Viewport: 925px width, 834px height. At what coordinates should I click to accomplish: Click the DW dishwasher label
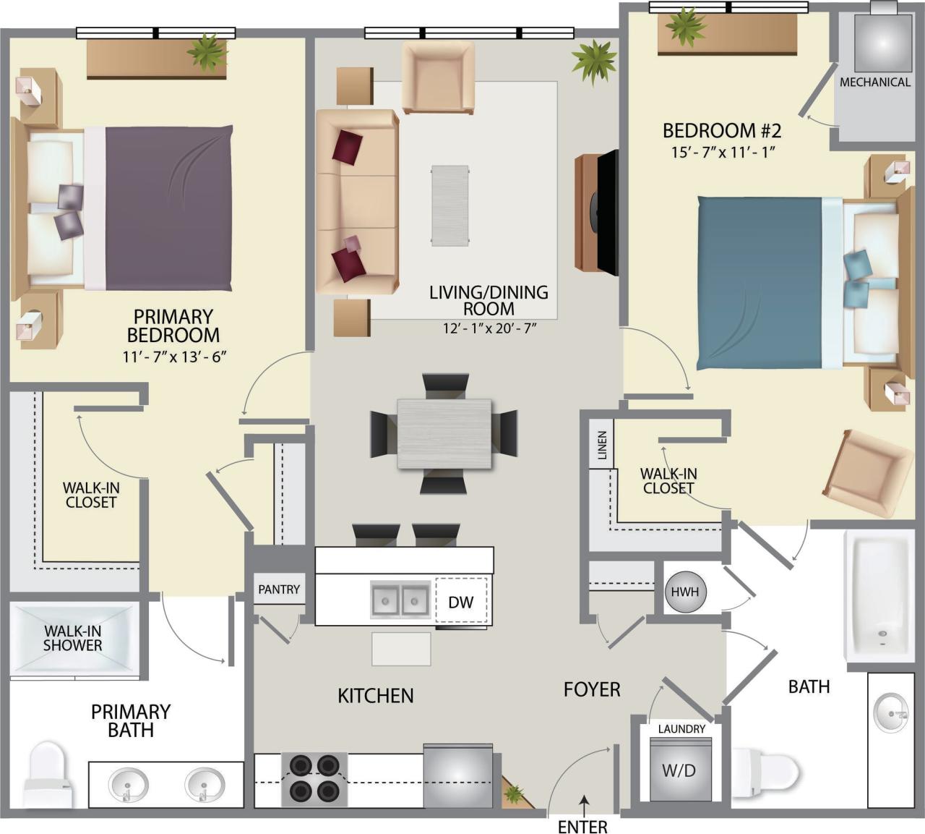click(x=460, y=601)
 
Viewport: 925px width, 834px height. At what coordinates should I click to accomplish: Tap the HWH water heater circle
click(x=684, y=592)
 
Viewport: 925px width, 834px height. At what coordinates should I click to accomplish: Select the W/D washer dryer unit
click(x=679, y=770)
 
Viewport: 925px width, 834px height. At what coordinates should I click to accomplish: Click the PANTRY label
click(x=279, y=590)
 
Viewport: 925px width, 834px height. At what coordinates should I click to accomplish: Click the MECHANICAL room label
click(x=874, y=82)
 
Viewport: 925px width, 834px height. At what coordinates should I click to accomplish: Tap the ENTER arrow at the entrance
click(x=583, y=801)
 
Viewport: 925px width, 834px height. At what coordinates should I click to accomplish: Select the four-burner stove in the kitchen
click(x=314, y=779)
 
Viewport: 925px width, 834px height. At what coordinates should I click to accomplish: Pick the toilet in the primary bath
click(x=48, y=775)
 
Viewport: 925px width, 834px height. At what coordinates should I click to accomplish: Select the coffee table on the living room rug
click(x=450, y=205)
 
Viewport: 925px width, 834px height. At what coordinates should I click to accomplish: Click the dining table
click(x=444, y=433)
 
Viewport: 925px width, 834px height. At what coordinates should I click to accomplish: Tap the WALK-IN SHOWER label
click(x=73, y=638)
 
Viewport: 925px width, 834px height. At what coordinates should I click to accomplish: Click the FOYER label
click(x=592, y=689)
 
